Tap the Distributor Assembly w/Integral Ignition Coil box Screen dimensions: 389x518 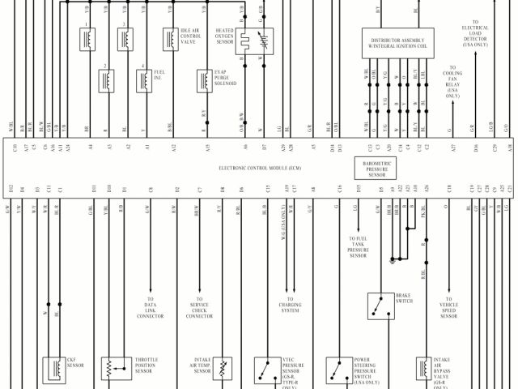397,42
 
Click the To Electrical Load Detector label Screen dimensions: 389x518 476,34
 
